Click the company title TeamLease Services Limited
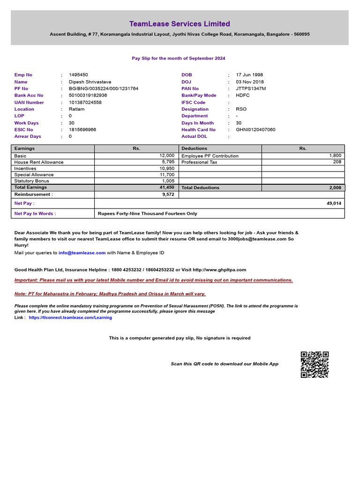tap(180, 24)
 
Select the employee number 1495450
tap(78, 75)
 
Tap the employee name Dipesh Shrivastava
tap(90, 82)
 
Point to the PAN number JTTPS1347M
tap(251, 89)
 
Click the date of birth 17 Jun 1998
tap(249, 75)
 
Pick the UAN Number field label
tap(29, 102)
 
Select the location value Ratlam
tap(77, 109)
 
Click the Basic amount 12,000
tap(167, 155)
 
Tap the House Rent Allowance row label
tap(39, 162)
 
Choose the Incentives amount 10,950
tap(167, 168)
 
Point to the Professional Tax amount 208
tap(337, 162)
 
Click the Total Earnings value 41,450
tap(166, 187)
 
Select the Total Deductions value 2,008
tap(335, 187)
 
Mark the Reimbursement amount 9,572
tap(168, 194)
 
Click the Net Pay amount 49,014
tap(334, 203)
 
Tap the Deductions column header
tap(195, 149)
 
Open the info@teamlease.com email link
tap(82, 253)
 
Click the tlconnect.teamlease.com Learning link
tap(70, 317)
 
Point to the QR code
tap(315, 364)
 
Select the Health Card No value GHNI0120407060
tap(255, 129)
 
